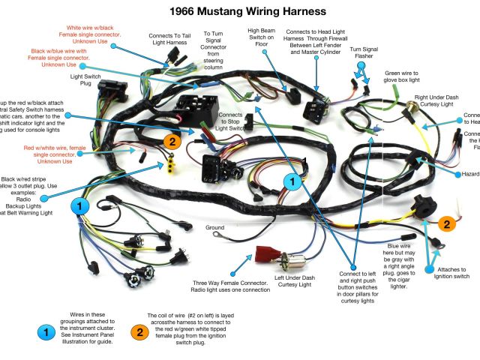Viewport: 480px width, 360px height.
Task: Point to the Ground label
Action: click(215, 227)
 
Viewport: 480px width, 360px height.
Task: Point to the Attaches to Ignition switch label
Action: click(454, 273)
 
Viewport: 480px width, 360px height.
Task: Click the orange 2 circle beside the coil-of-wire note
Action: click(139, 329)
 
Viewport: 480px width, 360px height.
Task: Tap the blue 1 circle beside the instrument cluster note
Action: click(46, 329)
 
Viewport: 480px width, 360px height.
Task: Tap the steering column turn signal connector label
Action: click(214, 51)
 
